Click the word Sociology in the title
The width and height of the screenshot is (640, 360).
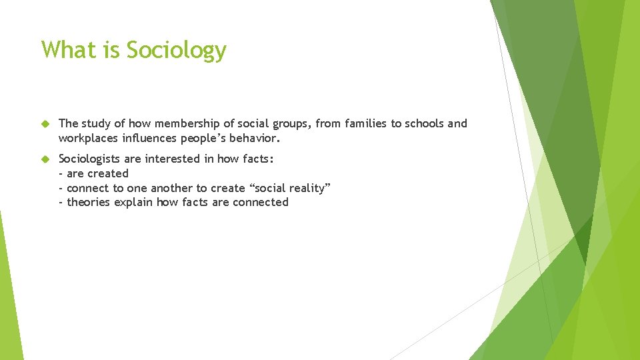coord(176,51)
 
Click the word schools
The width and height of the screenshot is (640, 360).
coord(421,124)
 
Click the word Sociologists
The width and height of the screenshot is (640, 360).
coord(90,159)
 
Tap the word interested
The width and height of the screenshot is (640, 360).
coord(175,159)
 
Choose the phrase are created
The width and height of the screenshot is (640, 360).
coord(97,173)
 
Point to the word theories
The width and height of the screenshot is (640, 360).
coord(91,202)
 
